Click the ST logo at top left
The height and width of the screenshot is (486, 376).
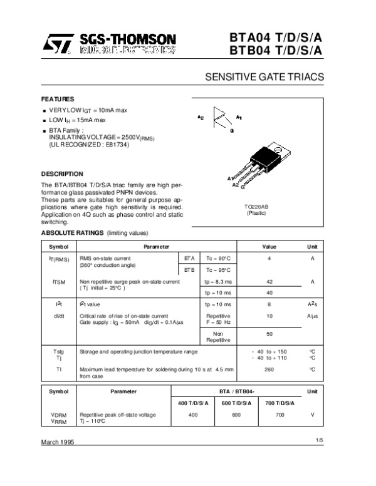click(x=58, y=43)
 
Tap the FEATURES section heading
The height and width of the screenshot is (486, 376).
click(x=58, y=99)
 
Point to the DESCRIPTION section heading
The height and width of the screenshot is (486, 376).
click(x=62, y=173)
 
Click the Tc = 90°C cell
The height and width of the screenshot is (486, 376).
click(x=218, y=258)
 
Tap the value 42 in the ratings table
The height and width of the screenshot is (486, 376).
click(x=269, y=282)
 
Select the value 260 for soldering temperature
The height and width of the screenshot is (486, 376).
click(x=269, y=370)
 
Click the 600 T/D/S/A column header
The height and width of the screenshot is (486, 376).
click(x=236, y=402)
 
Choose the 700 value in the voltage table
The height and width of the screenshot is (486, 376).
click(x=279, y=415)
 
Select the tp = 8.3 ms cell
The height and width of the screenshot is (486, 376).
click(x=218, y=282)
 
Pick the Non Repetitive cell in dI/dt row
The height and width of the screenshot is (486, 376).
click(x=218, y=336)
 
